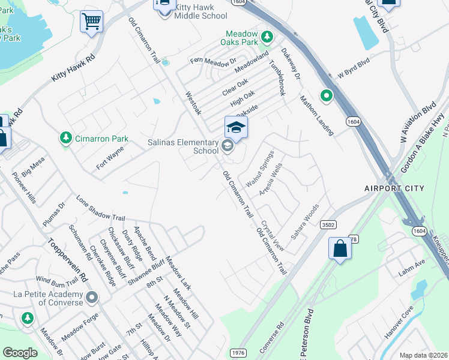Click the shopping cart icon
pyautogui.click(x=92, y=22)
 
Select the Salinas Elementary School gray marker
pyautogui.click(x=227, y=145)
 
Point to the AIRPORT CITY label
pyautogui.click(x=394, y=188)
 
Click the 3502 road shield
pyautogui.click(x=328, y=224)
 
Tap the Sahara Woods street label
pyautogui.click(x=305, y=221)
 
